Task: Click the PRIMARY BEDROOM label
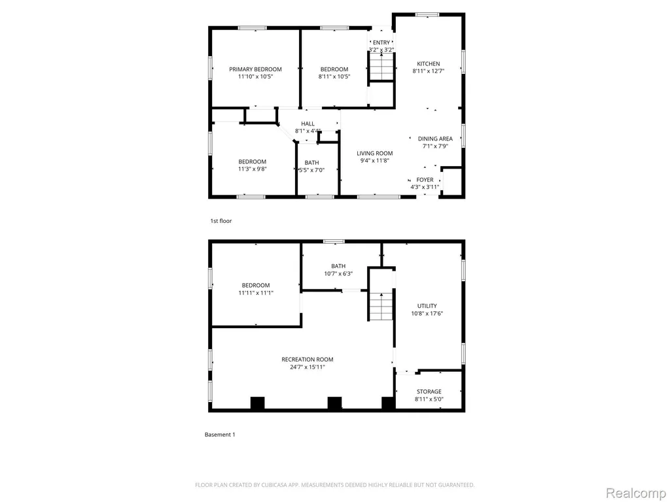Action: click(256, 69)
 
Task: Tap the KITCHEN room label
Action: click(429, 63)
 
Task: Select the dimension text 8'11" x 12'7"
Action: click(429, 71)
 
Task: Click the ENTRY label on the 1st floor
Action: click(381, 42)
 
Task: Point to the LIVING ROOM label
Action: click(375, 153)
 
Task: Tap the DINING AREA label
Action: click(435, 139)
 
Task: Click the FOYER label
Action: click(425, 180)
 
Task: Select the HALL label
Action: click(308, 124)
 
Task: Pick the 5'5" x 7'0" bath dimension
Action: click(311, 170)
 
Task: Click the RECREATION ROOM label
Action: click(308, 360)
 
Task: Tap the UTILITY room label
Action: click(427, 306)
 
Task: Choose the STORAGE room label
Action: click(429, 392)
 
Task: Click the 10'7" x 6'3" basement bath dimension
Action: click(338, 274)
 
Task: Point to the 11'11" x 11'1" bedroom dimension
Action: click(256, 293)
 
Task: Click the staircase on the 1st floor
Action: click(381, 67)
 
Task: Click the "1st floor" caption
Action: click(221, 221)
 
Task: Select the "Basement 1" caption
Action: click(220, 435)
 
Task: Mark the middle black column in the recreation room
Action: click(334, 403)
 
